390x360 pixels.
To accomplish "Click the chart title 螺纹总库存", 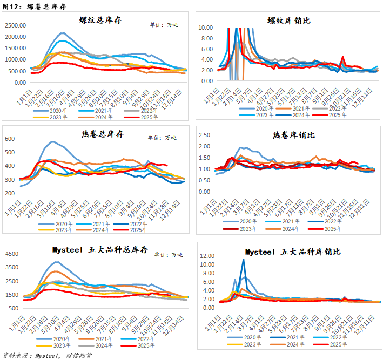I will [x=100, y=20].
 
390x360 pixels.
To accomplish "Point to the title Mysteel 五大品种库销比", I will [x=293, y=252].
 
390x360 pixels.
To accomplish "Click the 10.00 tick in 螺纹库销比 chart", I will [x=205, y=27].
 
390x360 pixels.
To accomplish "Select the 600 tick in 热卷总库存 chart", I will [x=11, y=139].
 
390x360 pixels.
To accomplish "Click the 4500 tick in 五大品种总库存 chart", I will [x=14, y=254].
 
